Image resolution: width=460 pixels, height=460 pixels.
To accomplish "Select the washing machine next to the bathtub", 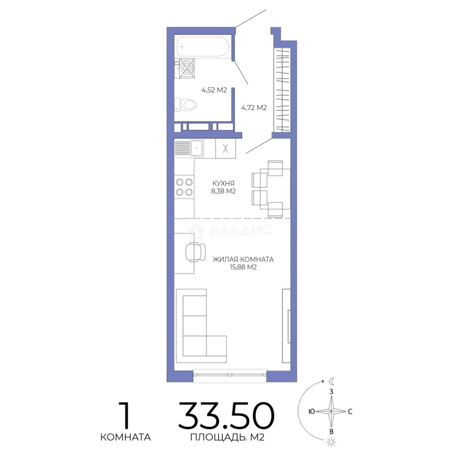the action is [187, 68].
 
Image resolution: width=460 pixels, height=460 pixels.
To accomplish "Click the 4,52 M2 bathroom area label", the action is [214, 90].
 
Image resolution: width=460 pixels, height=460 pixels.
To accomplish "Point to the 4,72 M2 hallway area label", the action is [254, 108].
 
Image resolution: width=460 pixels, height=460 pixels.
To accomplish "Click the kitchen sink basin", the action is [196, 148].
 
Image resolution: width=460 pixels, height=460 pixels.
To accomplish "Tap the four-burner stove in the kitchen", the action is [184, 187].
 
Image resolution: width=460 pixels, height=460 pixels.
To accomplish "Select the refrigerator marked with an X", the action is [225, 149].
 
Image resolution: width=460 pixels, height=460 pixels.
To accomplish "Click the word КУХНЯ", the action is [224, 183].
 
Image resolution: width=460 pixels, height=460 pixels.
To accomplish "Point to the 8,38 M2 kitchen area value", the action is [224, 191].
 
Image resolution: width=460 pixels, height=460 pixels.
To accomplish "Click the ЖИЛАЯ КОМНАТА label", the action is [243, 259].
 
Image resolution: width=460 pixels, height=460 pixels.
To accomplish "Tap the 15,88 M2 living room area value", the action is [243, 267].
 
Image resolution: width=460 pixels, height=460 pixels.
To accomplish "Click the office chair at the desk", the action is [195, 252].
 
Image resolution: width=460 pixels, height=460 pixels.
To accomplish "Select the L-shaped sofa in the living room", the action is [194, 326].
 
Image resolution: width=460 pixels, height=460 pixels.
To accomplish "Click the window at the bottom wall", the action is [230, 375].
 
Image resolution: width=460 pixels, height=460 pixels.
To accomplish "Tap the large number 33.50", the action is [226, 416].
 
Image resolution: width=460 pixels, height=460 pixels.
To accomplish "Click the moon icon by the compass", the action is [331, 381].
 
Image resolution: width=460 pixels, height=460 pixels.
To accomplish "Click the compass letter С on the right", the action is [350, 411].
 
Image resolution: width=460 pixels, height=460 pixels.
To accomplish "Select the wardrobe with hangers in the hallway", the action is [282, 89].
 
